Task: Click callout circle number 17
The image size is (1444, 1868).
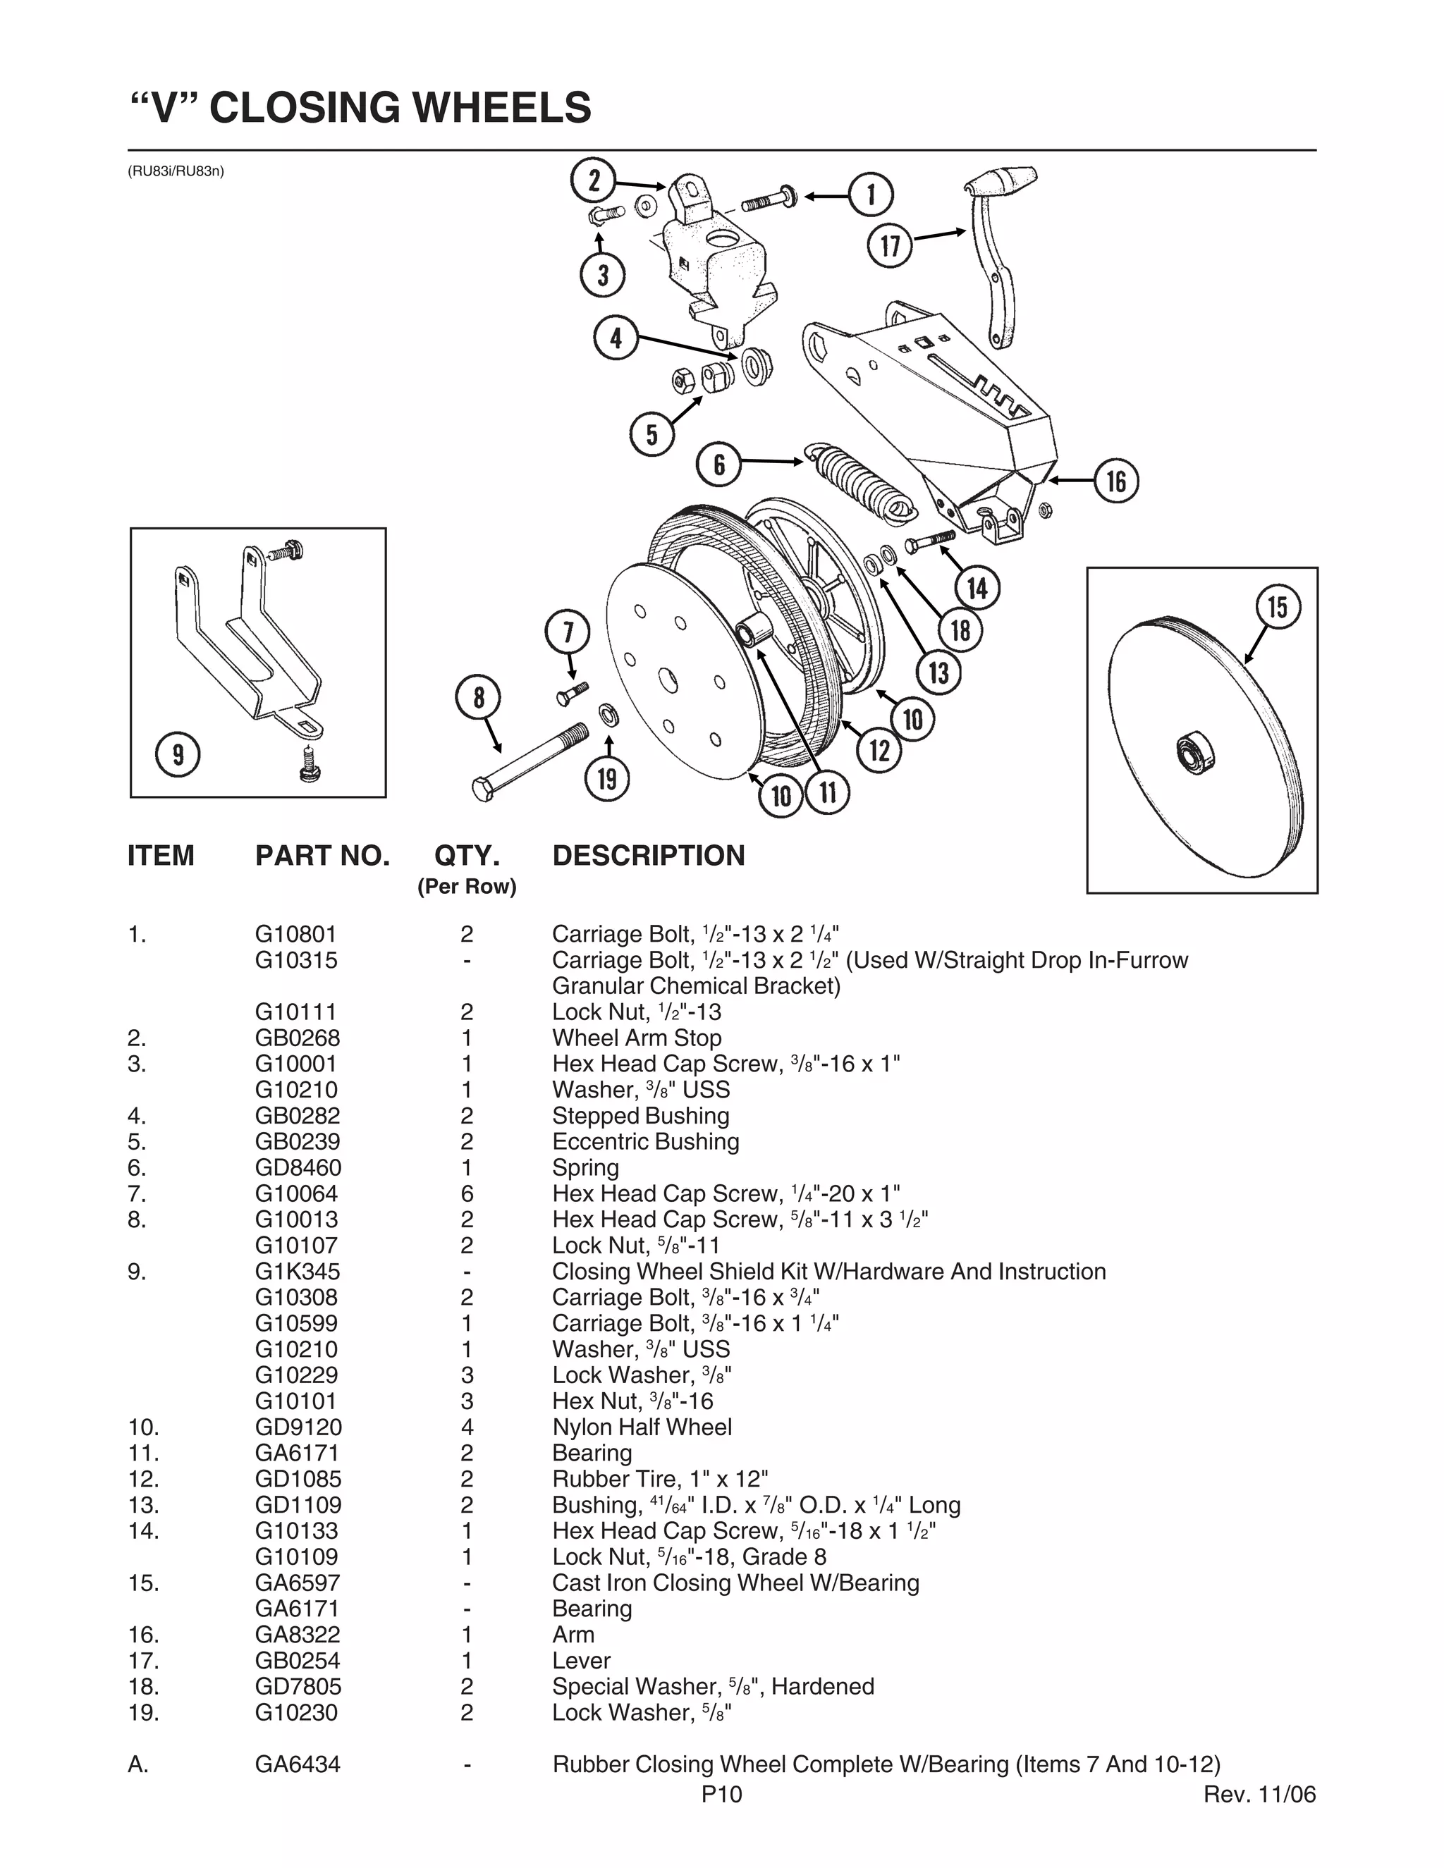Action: [891, 245]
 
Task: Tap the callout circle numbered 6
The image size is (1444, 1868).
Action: [719, 464]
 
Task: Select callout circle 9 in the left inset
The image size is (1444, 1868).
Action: [178, 754]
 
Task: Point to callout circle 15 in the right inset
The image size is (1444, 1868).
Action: [1277, 606]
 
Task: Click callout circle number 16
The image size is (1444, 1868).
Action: [1116, 481]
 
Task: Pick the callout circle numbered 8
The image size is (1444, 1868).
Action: [479, 698]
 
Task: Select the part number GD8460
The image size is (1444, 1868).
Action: [298, 1167]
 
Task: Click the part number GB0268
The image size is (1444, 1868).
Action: [297, 1038]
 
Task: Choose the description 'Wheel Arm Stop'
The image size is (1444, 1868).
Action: [637, 1038]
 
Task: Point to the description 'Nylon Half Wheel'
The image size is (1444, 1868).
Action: [642, 1427]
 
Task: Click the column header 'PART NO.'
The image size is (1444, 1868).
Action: [322, 855]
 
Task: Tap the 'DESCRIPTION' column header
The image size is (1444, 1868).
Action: [649, 855]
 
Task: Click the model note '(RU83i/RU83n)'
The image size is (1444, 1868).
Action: [176, 171]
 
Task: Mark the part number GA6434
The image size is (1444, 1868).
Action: [297, 1764]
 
